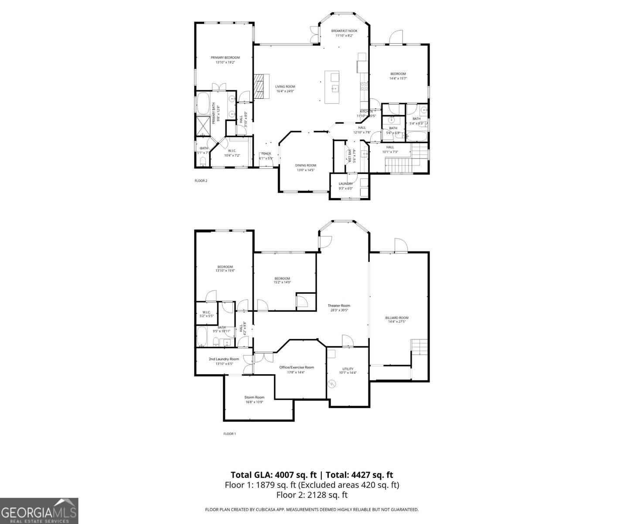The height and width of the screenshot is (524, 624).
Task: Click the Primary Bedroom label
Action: tap(225, 58)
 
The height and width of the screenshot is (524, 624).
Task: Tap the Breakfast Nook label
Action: tap(344, 31)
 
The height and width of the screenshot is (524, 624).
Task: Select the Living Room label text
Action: tap(285, 86)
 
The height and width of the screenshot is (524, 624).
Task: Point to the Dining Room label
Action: tap(305, 165)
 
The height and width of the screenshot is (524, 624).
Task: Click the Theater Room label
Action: tap(339, 306)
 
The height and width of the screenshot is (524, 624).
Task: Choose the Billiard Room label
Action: tap(397, 318)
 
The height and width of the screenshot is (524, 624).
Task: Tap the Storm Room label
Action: tap(254, 397)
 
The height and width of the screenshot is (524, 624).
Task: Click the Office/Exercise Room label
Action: tap(297, 367)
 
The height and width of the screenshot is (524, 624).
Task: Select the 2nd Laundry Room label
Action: tap(224, 359)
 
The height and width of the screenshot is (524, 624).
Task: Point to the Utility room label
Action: tap(348, 369)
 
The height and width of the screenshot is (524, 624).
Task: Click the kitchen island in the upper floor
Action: tap(334, 87)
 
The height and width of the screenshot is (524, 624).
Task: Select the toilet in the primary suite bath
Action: tap(202, 162)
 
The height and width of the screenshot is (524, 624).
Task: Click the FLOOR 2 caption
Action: tap(201, 181)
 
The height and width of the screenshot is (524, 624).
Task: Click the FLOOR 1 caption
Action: tap(229, 434)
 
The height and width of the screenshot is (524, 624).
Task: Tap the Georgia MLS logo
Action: tap(39, 511)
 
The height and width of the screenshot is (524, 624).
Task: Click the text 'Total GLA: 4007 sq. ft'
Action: tap(274, 475)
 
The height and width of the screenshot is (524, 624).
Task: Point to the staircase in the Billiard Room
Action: tap(419, 347)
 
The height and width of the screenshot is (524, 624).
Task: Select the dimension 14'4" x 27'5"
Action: tap(397, 322)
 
